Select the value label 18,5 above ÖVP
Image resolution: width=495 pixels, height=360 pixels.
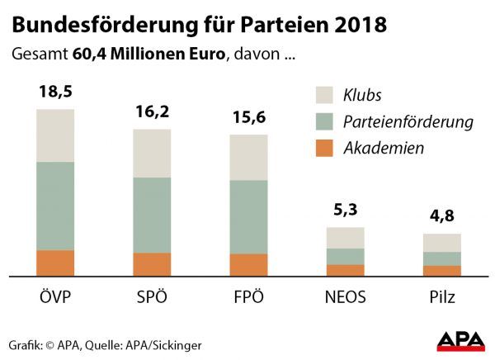coord(55,92)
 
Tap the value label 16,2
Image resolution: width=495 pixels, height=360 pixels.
coord(151,111)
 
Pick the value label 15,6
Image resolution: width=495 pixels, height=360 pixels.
coord(248,117)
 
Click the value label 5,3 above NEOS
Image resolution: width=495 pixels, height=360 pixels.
coord(345,211)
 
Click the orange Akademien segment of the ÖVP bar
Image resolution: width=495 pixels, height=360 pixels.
coord(55,263)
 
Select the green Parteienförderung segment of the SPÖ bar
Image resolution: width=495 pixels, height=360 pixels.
coord(152,215)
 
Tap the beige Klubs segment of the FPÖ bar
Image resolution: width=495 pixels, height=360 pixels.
coord(248,157)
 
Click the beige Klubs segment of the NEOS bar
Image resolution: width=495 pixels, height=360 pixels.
coord(345,238)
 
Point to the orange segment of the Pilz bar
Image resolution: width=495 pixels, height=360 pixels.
coord(441,270)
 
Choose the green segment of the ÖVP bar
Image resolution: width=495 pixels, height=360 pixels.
coord(55,206)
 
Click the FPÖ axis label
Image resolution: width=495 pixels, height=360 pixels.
coord(248,297)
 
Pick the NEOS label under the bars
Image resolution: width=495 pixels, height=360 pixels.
coord(345,297)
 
